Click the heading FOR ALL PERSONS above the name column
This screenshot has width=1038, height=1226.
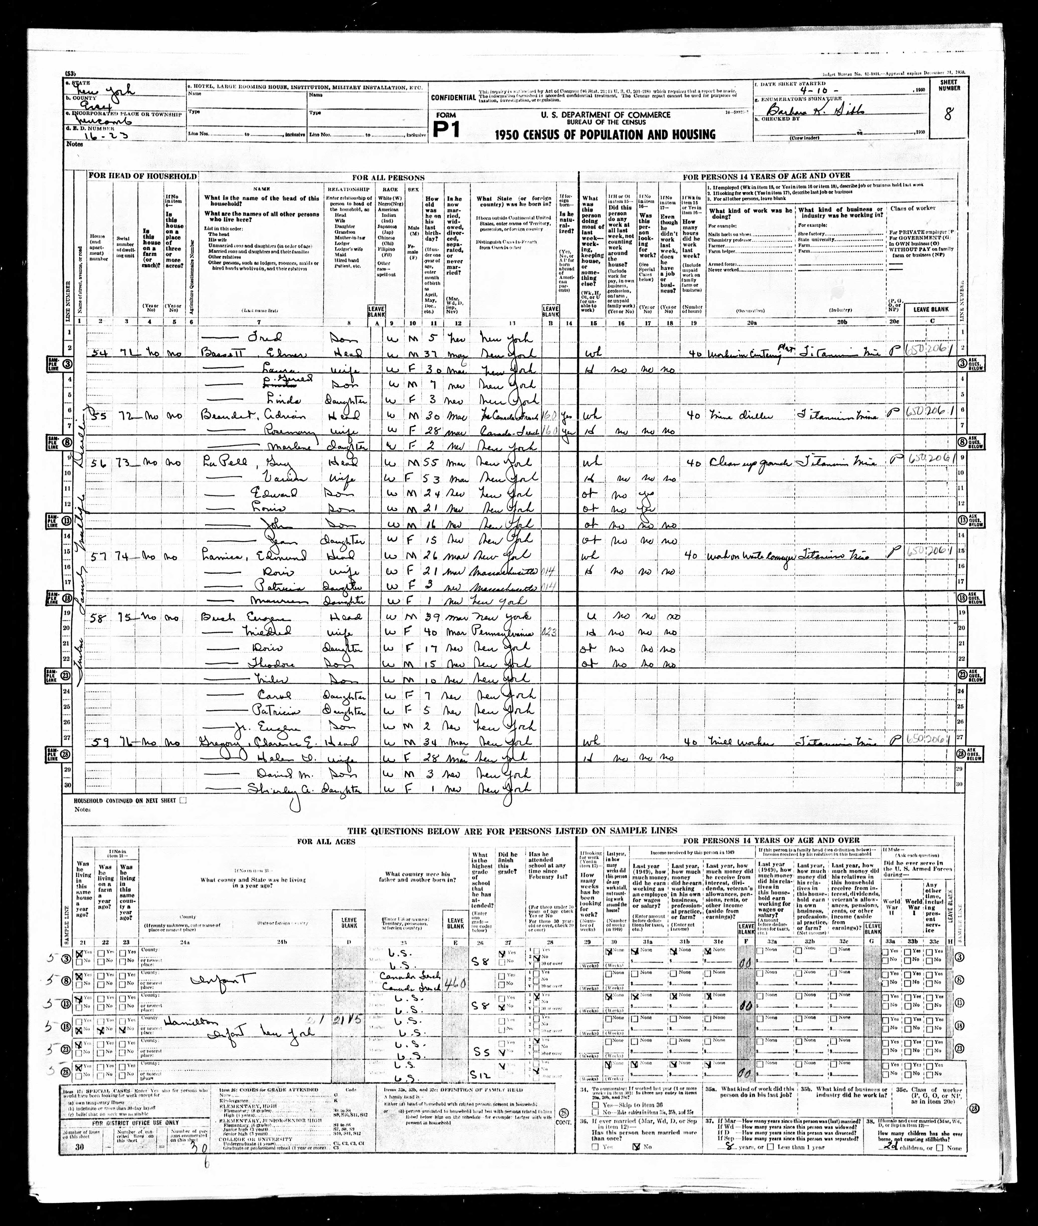coord(388,177)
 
